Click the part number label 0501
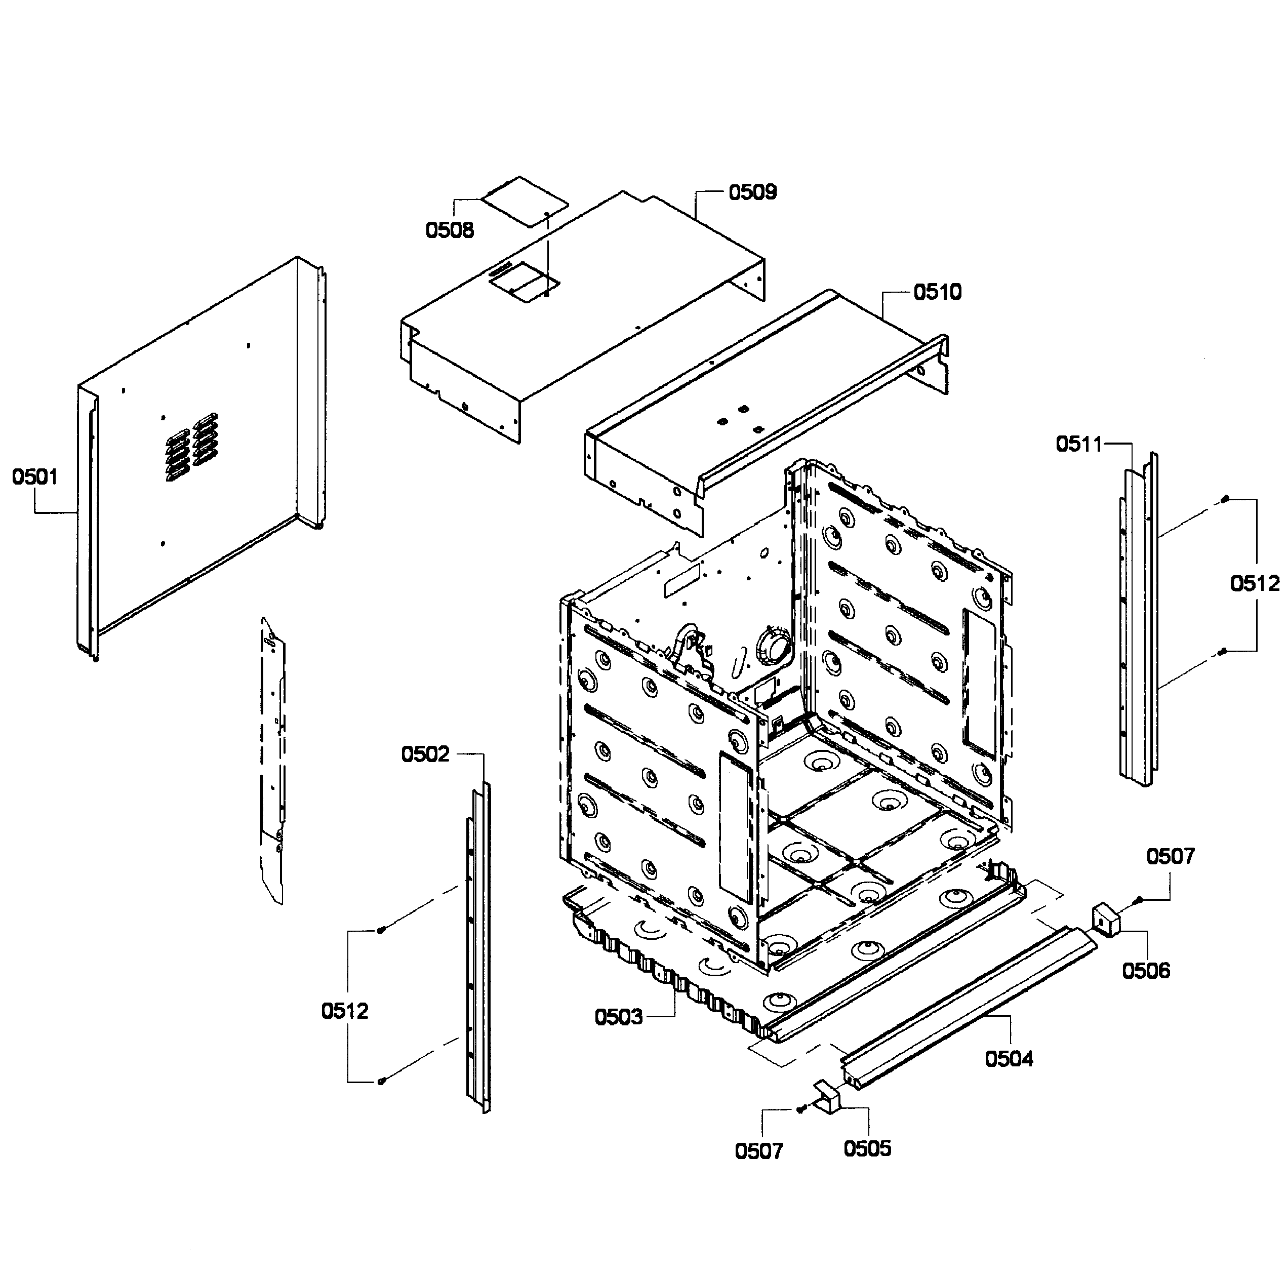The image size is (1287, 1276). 34,477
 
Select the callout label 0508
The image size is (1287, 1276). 450,230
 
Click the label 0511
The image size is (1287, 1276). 1079,445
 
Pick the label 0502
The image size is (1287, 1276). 425,755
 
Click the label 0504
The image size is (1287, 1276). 1009,1059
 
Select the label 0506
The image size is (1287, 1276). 1146,971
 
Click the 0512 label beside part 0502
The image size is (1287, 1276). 344,1012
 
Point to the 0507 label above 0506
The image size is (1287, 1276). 1171,856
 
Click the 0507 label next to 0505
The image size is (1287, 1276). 759,1151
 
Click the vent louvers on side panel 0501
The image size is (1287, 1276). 191,447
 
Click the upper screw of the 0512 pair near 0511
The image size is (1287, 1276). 1224,500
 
